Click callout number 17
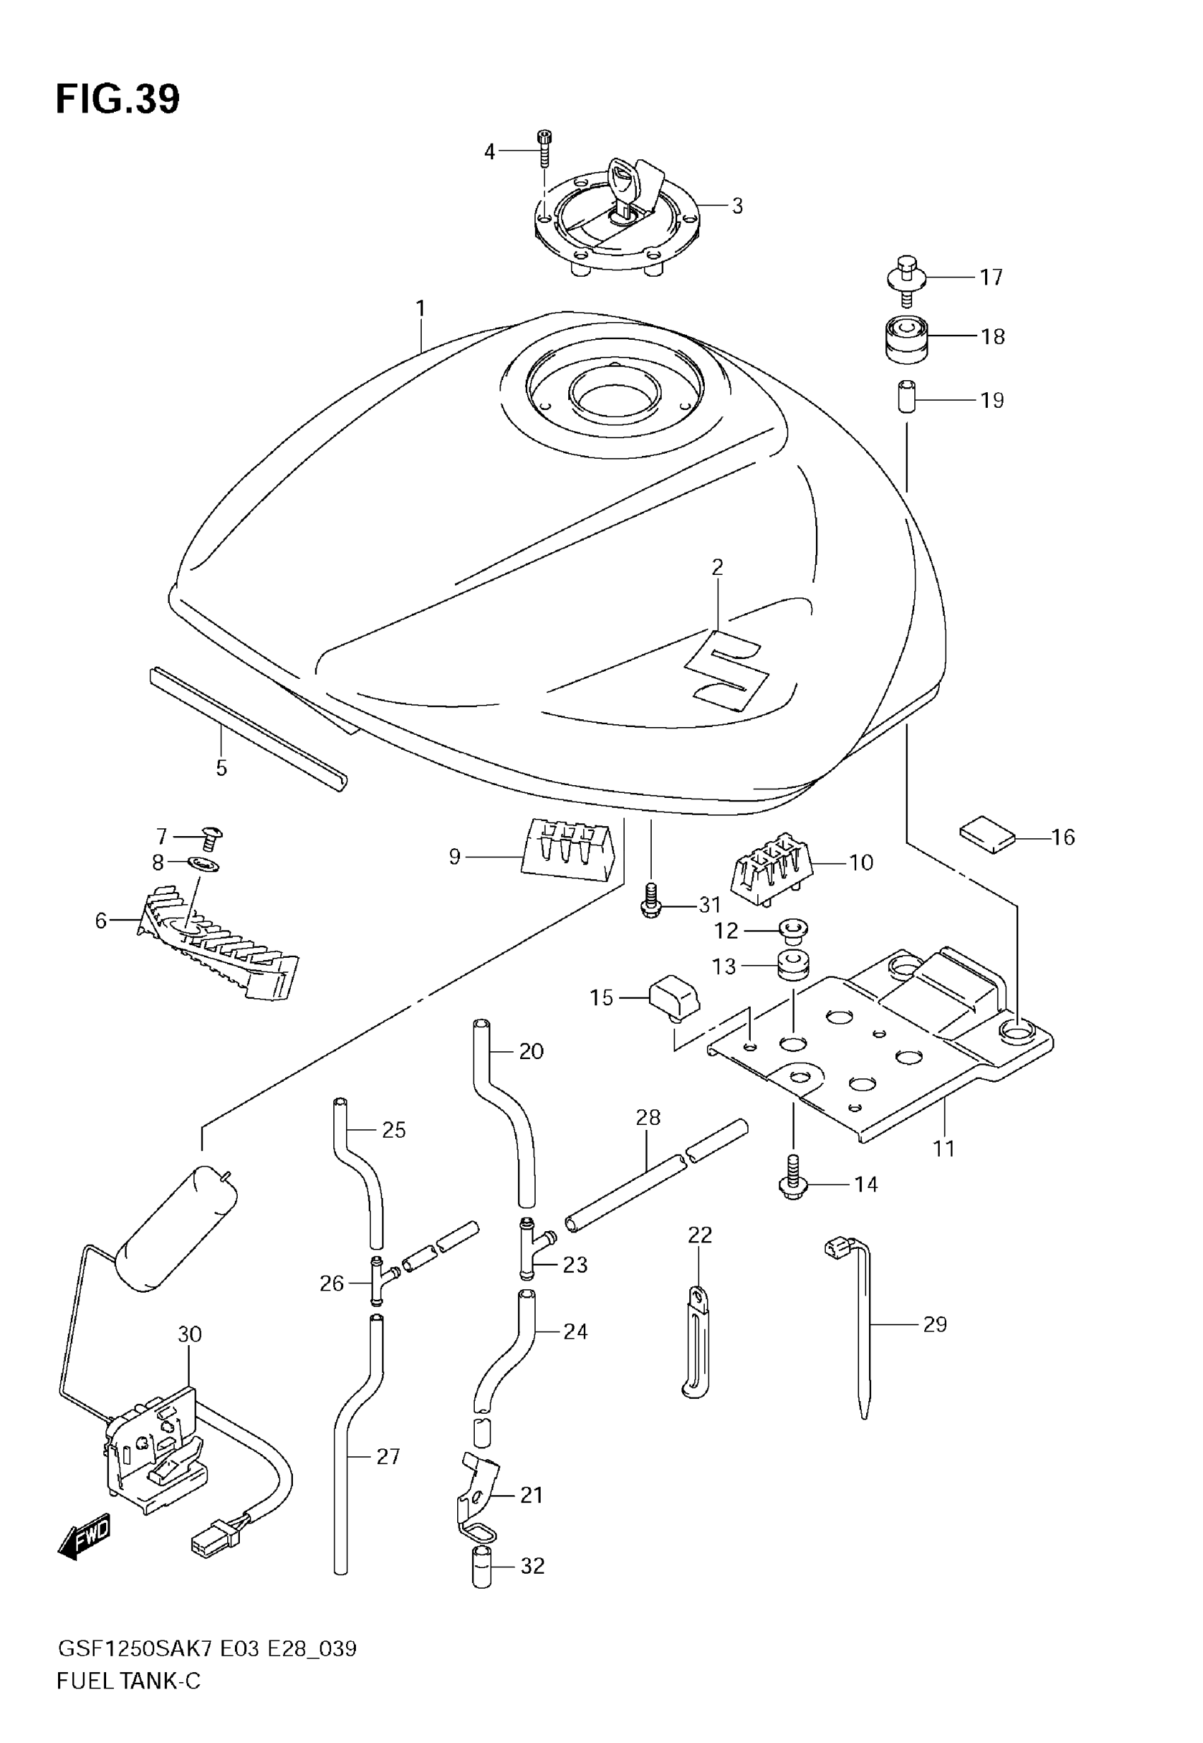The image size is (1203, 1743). (x=991, y=278)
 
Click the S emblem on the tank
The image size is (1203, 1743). (x=727, y=670)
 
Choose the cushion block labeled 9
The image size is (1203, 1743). (x=569, y=852)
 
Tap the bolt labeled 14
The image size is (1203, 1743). (x=793, y=1185)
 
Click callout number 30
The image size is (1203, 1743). (x=189, y=1335)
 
